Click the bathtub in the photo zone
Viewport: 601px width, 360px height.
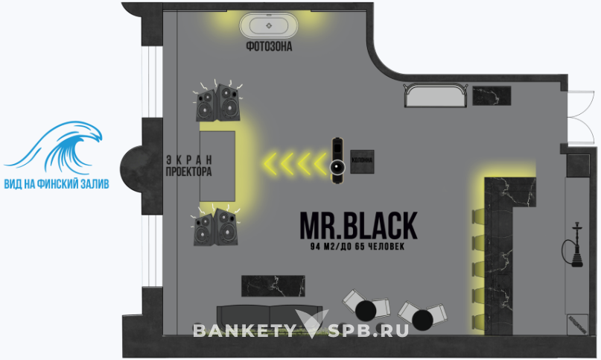[x=269, y=26]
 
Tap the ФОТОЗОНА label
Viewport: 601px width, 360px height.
[x=269, y=47]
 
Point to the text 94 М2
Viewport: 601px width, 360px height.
[x=325, y=246]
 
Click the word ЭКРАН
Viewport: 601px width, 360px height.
[x=189, y=159]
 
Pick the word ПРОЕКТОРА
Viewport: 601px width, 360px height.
[x=189, y=171]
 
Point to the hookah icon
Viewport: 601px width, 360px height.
[x=576, y=244]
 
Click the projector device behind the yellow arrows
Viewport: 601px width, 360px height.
[x=338, y=158]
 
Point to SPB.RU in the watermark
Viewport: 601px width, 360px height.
[x=369, y=330]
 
